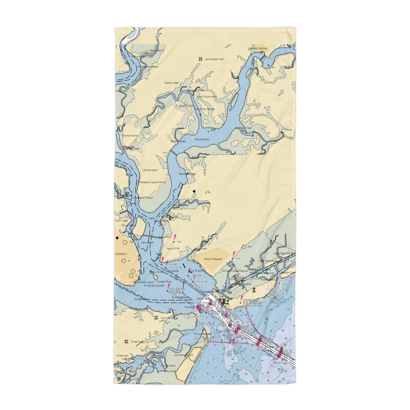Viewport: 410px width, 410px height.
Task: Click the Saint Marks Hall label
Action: (214, 59)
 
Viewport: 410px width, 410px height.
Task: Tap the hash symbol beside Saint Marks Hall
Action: (200, 59)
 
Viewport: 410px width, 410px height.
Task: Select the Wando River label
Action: (202, 139)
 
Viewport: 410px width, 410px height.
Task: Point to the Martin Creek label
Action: (172, 83)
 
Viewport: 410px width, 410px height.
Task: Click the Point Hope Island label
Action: (207, 97)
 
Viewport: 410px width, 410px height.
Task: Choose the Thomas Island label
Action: (130, 135)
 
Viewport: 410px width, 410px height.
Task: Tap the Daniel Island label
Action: (150, 170)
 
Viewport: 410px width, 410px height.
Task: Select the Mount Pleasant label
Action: (213, 259)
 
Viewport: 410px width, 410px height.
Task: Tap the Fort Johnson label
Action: (168, 318)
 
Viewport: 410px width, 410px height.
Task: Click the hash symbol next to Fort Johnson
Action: (155, 317)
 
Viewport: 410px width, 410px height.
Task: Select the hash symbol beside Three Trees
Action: (126, 341)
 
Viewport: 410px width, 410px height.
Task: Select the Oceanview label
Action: (122, 355)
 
